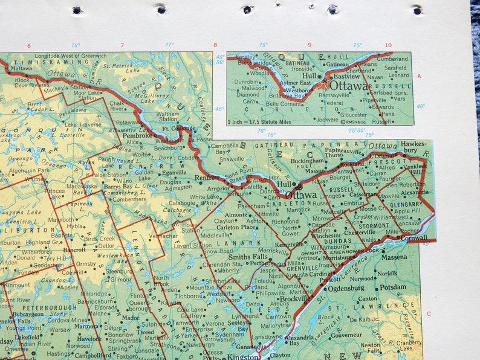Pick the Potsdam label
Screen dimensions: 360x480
[393, 287]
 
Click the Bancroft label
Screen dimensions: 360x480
[75, 249]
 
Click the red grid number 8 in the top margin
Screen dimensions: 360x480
[214, 45]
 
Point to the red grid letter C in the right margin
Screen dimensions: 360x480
[429, 313]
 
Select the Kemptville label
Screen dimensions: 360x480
[290, 243]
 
